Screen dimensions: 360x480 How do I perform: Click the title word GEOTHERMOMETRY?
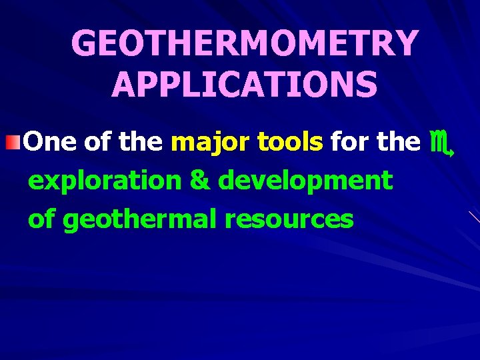[245, 44]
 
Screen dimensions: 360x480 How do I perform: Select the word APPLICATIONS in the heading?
[245, 85]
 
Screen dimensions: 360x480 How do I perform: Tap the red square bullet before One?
[18, 141]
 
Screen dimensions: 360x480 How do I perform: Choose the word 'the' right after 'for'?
[397, 141]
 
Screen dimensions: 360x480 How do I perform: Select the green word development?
[305, 181]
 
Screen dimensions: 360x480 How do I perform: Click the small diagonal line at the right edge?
[473, 217]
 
